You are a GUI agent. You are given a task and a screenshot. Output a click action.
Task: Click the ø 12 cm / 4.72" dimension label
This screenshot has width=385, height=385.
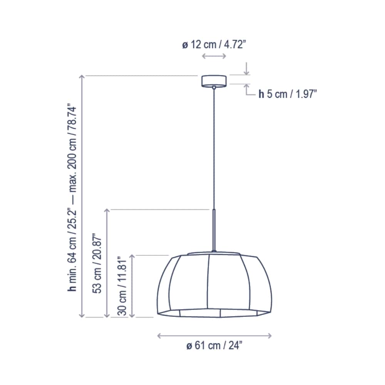pos(214,45)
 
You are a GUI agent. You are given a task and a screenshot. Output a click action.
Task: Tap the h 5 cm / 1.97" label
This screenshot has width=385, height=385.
pos(287,94)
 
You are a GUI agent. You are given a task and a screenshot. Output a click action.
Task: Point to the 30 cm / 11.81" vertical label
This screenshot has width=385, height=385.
pos(122,286)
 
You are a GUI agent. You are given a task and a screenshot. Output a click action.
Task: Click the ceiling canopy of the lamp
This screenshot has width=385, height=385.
pos(214,80)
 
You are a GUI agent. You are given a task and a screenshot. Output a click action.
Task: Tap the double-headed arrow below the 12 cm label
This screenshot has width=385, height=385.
pos(214,57)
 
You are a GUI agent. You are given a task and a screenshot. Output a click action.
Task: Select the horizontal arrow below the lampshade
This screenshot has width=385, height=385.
pos(214,336)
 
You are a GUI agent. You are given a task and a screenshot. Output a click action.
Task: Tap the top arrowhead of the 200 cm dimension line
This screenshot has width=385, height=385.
pos(82,77)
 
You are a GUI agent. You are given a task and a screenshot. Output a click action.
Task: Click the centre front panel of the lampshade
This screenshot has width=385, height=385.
pos(214,283)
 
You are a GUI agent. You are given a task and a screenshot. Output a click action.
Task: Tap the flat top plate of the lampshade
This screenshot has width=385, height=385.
pos(213,253)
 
